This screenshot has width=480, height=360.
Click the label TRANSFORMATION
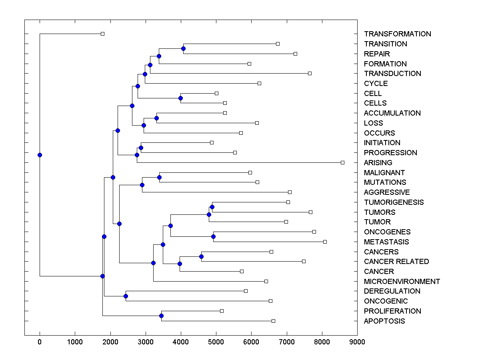click(x=397, y=34)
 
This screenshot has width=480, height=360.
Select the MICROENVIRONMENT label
click(x=402, y=282)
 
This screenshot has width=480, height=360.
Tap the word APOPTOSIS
click(x=384, y=321)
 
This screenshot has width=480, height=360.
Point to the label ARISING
click(x=378, y=163)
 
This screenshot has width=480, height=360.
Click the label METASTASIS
click(x=386, y=242)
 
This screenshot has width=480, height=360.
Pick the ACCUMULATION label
click(x=392, y=113)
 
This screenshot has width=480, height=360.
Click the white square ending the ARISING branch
click(x=342, y=162)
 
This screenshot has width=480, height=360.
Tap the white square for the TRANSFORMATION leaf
click(x=102, y=34)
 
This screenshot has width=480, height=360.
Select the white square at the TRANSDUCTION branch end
click(x=310, y=73)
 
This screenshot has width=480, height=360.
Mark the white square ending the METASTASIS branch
click(x=325, y=242)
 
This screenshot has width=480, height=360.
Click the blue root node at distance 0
click(x=40, y=155)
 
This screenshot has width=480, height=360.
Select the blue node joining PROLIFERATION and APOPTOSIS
click(x=161, y=316)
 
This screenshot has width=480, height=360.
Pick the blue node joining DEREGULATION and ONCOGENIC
click(x=126, y=296)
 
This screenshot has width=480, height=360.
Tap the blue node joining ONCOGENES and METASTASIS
click(x=213, y=236)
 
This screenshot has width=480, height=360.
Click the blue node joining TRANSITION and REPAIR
click(x=183, y=48)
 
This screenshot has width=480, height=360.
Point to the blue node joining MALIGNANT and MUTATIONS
click(x=159, y=177)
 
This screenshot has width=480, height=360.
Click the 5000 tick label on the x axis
click(x=216, y=342)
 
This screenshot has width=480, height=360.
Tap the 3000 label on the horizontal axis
click(x=145, y=342)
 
